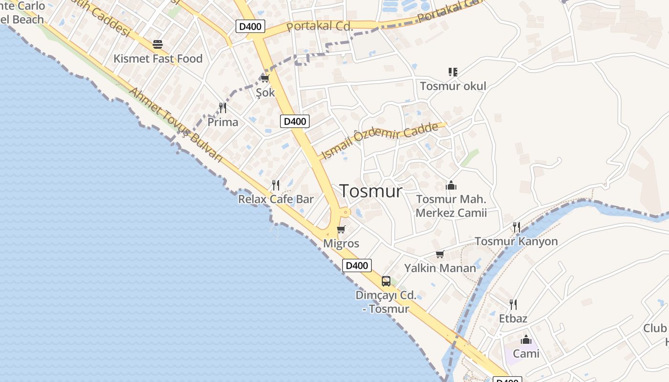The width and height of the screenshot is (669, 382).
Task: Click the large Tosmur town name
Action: (x=371, y=191)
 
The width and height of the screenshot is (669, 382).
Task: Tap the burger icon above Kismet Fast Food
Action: (x=158, y=44)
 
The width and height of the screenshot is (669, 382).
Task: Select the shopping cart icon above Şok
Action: (x=265, y=78)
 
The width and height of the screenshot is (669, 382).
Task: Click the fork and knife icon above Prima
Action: (x=223, y=107)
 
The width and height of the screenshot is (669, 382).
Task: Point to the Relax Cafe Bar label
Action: (x=276, y=199)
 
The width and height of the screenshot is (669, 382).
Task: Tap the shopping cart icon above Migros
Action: (x=341, y=230)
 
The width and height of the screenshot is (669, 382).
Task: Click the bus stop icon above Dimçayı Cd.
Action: (x=386, y=281)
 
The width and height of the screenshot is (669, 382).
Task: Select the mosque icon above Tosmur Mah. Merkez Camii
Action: (x=451, y=185)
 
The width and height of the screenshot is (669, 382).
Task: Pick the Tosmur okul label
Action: (x=453, y=86)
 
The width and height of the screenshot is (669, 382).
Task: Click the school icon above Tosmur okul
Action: (x=453, y=72)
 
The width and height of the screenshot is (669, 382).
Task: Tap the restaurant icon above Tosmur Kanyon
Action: (x=517, y=227)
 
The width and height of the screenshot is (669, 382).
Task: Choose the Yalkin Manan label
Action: (x=440, y=268)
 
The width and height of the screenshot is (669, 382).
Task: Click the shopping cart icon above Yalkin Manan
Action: (x=440, y=254)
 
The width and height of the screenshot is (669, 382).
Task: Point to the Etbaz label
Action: (x=513, y=318)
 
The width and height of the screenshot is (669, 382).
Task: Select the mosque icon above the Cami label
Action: (x=526, y=340)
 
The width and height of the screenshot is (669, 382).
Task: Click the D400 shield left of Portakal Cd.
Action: (x=250, y=26)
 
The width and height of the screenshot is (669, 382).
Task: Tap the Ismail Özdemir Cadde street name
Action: (x=380, y=141)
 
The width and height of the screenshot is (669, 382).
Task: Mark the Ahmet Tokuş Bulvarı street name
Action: (x=177, y=124)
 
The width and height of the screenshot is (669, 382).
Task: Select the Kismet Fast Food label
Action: (x=158, y=59)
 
